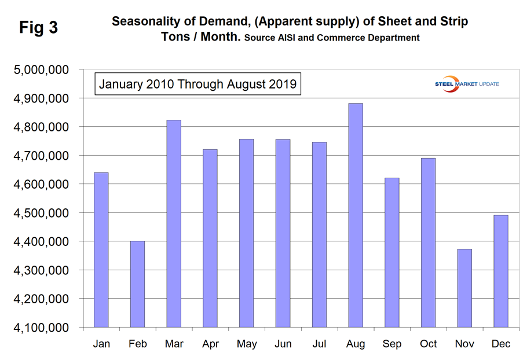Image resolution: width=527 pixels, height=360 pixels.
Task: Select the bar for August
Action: [356, 215]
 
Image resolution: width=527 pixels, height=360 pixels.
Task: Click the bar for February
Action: [137, 284]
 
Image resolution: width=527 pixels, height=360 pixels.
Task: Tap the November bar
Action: [464, 288]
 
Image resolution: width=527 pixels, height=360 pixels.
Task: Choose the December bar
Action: [500, 271]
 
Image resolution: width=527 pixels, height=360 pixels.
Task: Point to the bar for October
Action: [428, 243]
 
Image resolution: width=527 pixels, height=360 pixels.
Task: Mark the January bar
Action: [101, 249]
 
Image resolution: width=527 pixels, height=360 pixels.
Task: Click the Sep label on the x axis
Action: [392, 344]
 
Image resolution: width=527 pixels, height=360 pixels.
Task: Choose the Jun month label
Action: [283, 344]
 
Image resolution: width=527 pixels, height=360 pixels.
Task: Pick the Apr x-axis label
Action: [210, 344]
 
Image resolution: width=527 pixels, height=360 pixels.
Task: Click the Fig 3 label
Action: [38, 27]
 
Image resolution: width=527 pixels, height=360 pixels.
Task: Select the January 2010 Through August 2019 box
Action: [197, 84]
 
